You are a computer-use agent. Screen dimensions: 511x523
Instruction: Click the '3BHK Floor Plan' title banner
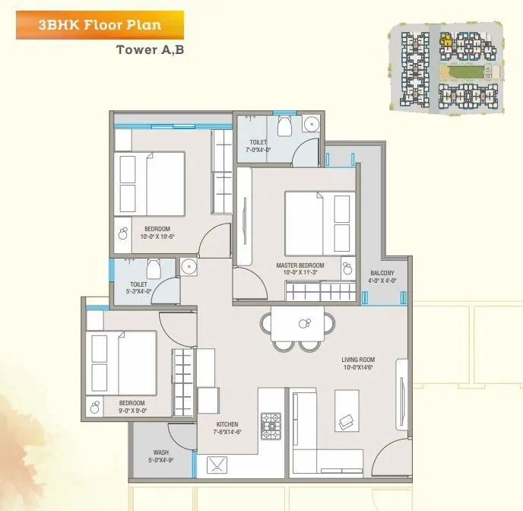(99, 24)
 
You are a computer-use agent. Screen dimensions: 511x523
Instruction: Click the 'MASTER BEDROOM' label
(300, 265)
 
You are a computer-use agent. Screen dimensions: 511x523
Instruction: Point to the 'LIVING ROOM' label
(357, 360)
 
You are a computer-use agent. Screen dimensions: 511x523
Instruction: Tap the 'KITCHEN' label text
(227, 424)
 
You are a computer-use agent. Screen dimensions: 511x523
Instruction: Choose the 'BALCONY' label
(382, 273)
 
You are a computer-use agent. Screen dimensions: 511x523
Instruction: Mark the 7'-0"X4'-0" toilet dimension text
(258, 150)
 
